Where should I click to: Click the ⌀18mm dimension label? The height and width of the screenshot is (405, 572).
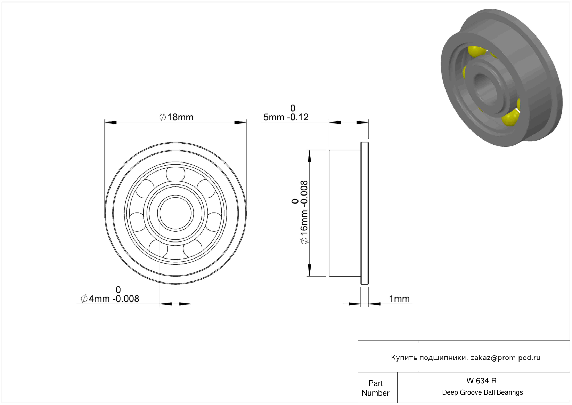176,117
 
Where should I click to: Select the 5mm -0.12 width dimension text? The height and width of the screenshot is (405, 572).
286,117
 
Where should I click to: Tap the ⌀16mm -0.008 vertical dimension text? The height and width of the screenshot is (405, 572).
304,212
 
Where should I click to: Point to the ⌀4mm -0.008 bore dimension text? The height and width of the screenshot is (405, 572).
110,299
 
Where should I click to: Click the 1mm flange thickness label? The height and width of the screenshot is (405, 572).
399,299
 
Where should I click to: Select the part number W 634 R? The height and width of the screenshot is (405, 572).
481,381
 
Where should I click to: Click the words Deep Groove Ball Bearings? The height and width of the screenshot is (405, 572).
482,392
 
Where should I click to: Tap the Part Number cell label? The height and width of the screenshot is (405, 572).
375,388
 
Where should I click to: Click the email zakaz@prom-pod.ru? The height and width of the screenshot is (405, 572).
505,358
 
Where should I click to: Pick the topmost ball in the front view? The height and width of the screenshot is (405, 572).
175,174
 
